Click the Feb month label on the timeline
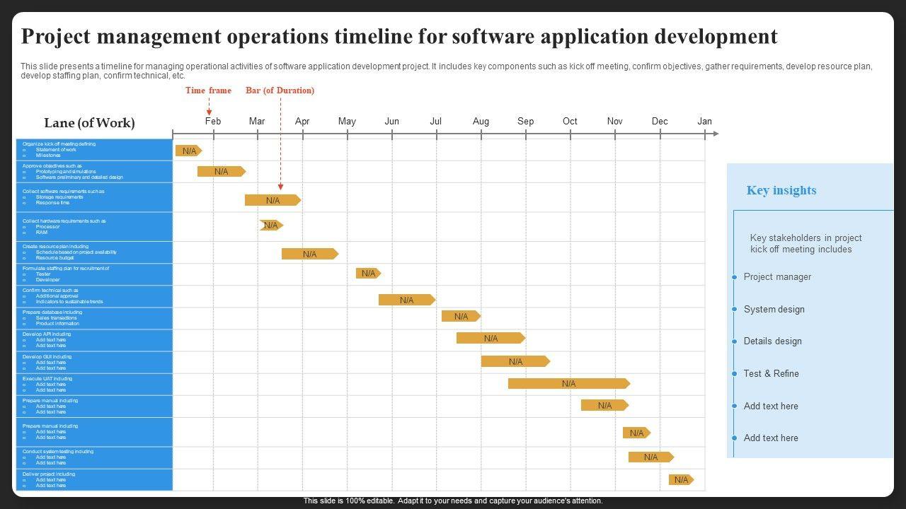click(213, 121)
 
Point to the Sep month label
click(525, 121)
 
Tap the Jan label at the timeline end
click(704, 121)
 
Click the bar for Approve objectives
click(221, 171)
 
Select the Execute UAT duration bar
click(568, 384)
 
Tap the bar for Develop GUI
click(515, 361)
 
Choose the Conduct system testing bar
click(650, 457)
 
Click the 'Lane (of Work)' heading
click(89, 123)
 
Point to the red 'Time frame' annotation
click(208, 90)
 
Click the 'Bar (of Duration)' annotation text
click(280, 90)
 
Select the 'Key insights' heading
click(781, 190)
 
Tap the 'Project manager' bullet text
click(777, 277)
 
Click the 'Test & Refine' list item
click(771, 374)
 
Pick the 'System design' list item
click(774, 310)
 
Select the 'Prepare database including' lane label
click(52, 312)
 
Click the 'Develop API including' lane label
click(47, 334)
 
